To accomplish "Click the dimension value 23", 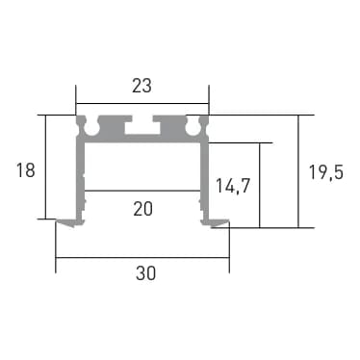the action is [x=141, y=87].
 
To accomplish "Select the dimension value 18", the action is [x=26, y=170].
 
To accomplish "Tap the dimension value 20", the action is [x=142, y=209].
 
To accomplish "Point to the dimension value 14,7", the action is [x=233, y=187].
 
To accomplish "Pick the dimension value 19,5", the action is [x=326, y=172].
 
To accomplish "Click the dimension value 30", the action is [x=145, y=273].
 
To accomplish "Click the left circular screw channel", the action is [x=91, y=128].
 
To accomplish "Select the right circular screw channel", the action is [x=193, y=128].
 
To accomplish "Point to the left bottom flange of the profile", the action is [x=71, y=222].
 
